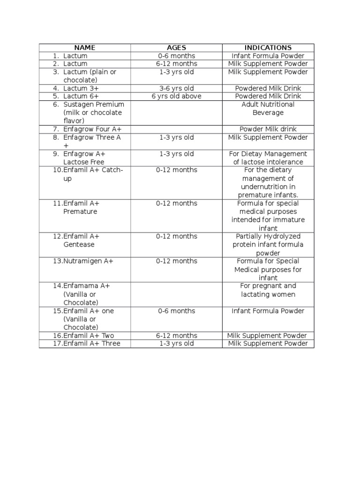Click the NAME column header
(x=84, y=47)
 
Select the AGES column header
(x=176, y=47)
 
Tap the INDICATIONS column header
(x=268, y=47)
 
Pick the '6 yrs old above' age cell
(x=176, y=96)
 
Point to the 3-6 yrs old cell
(x=176, y=88)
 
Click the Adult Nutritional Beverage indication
(x=268, y=109)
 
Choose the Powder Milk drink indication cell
(x=268, y=129)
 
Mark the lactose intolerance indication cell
(x=268, y=158)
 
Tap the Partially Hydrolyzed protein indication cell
(x=268, y=245)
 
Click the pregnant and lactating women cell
(x=268, y=290)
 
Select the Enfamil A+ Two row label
(x=90, y=336)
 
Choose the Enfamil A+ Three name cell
(x=91, y=344)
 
